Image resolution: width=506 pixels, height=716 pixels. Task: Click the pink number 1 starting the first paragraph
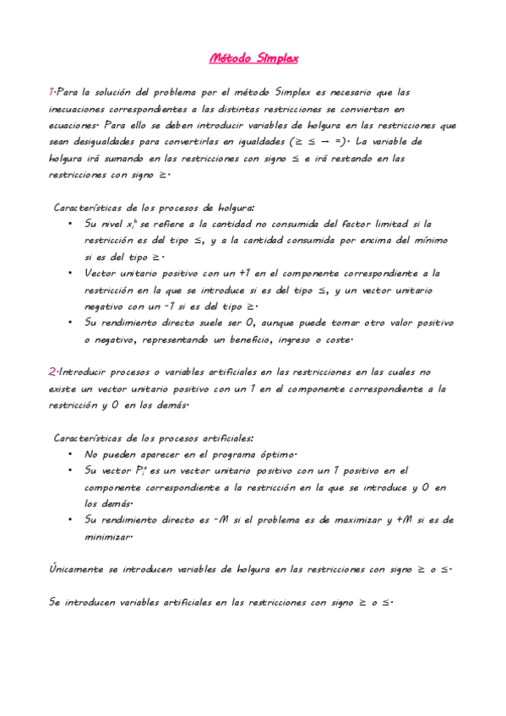coord(52,92)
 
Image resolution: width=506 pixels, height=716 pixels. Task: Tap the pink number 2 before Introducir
coord(52,372)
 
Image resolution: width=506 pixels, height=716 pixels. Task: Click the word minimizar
coord(109,536)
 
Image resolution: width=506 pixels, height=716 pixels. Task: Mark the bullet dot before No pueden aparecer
coord(69,453)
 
